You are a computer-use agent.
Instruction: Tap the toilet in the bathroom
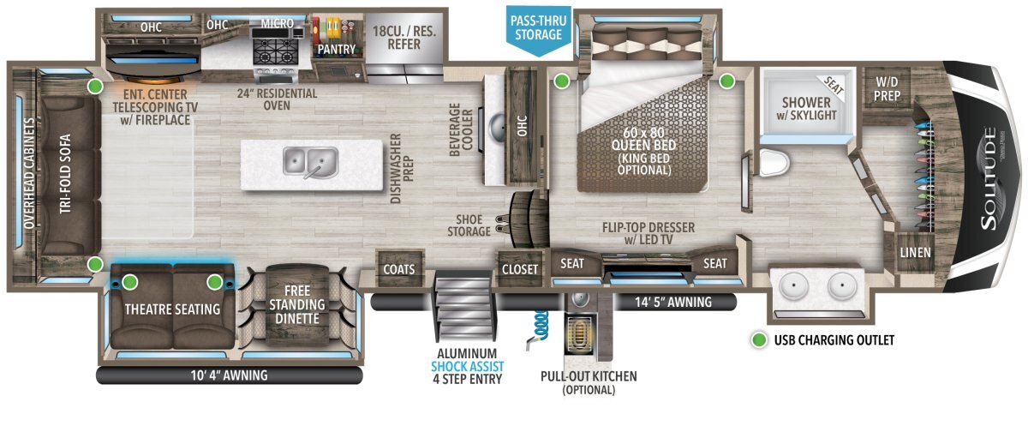(774, 163)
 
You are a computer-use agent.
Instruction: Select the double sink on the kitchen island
(311, 162)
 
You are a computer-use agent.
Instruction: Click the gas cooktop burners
(275, 51)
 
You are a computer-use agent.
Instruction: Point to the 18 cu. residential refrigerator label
(403, 38)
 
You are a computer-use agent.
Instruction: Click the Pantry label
(337, 49)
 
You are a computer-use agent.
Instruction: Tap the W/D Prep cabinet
(887, 88)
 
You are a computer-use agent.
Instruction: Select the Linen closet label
(915, 253)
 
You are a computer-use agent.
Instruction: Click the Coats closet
(399, 268)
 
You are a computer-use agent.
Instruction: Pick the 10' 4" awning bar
(230, 375)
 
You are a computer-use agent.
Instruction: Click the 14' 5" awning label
(673, 302)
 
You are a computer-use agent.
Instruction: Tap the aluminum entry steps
(465, 306)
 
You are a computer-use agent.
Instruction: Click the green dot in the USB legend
(759, 340)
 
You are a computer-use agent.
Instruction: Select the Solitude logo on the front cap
(990, 178)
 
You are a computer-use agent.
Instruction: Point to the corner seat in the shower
(834, 85)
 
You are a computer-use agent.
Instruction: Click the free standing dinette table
(297, 305)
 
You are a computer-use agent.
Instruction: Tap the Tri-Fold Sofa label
(65, 173)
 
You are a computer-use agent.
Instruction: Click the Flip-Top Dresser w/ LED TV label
(648, 233)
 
